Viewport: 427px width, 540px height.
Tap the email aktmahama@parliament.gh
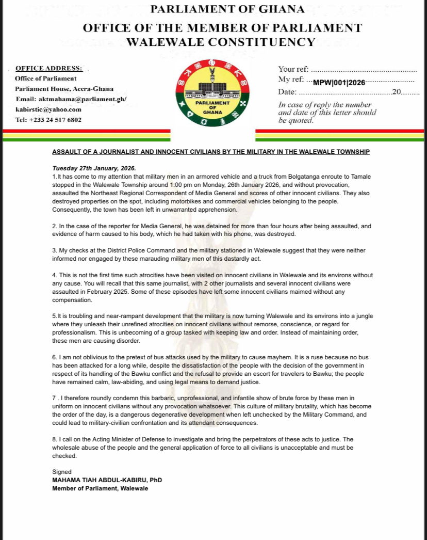click(71, 99)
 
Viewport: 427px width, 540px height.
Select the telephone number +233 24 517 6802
click(48, 120)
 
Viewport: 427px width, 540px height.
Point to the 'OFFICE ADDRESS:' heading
click(49, 68)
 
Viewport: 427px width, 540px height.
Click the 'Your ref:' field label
click(293, 69)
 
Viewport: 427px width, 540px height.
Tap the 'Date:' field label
click(287, 92)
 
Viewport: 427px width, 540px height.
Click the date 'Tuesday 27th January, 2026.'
click(94, 168)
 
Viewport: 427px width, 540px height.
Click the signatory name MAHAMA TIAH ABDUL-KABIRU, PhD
click(107, 480)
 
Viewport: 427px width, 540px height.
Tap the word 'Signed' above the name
click(62, 472)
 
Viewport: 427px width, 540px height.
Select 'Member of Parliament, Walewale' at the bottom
click(100, 488)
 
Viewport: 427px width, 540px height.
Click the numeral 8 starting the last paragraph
click(54, 439)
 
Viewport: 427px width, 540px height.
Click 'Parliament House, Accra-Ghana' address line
click(64, 89)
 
